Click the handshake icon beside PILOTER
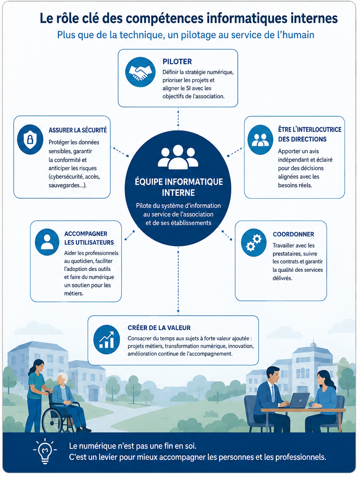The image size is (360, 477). click(140, 72)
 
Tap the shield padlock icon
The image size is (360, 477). click(30, 140)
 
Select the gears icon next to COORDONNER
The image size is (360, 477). click(254, 242)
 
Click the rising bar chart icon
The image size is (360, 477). click(106, 340)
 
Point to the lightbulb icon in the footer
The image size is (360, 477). click(45, 451)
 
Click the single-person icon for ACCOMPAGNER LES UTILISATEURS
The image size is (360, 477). click(47, 242)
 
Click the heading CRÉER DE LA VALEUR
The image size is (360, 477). click(159, 328)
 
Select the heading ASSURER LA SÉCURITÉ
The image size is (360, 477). click(78, 130)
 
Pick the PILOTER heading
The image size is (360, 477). click(177, 61)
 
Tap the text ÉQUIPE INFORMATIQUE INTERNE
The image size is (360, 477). click(179, 187)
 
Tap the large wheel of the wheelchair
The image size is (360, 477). click(54, 420)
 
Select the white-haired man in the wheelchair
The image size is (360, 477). click(67, 402)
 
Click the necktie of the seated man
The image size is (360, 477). click(273, 393)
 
